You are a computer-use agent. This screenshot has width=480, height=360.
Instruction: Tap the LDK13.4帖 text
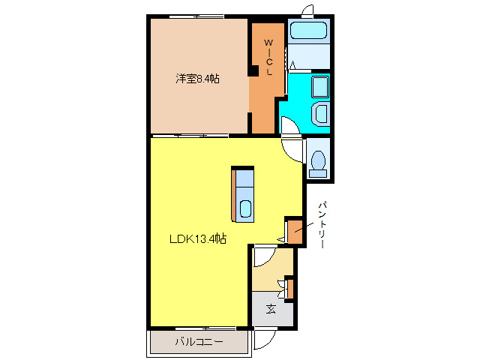(x=197, y=238)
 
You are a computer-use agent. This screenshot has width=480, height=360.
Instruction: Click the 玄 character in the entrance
(x=271, y=309)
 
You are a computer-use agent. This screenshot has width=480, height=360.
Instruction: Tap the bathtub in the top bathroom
(x=308, y=31)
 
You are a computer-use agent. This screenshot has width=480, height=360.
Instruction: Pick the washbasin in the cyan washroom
(x=321, y=114)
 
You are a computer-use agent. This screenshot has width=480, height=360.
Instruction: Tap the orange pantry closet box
(x=295, y=232)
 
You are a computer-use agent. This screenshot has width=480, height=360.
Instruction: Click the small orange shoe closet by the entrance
(x=289, y=288)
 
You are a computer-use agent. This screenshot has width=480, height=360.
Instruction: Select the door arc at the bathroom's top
(x=307, y=10)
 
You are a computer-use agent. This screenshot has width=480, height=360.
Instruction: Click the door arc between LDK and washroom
(x=289, y=146)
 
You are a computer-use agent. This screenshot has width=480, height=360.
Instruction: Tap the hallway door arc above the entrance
(x=262, y=257)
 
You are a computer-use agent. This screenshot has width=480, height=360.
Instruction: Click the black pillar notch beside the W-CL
(x=253, y=71)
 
